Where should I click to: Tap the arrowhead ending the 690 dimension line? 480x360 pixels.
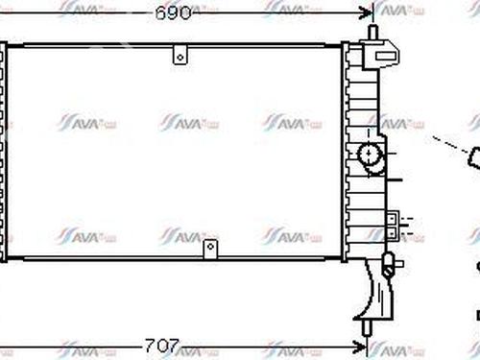(x=367, y=12)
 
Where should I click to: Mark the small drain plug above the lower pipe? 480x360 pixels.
(x=389, y=258)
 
